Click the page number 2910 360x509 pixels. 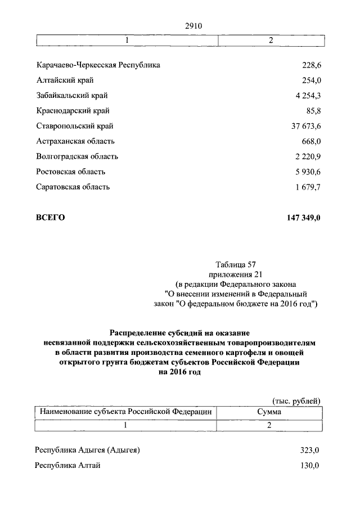[193, 26]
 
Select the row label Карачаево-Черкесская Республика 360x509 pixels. [98, 65]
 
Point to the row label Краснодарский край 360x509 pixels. [73, 111]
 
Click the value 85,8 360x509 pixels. [312, 111]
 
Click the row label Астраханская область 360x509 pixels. [75, 141]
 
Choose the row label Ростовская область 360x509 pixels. [70, 172]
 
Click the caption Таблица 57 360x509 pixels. [236, 263]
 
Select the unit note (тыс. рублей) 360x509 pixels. [296, 400]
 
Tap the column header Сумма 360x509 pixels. [269, 412]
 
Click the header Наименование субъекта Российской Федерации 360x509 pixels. [125, 412]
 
